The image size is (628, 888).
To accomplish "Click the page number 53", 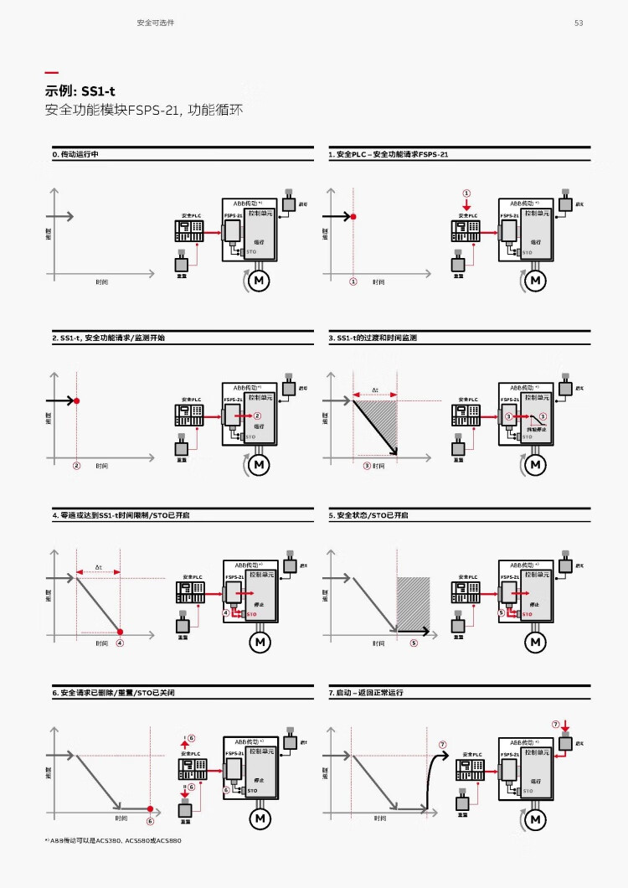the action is (x=578, y=23).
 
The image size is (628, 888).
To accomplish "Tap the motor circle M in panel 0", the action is (x=259, y=280).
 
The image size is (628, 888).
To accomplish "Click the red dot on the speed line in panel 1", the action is (x=353, y=217).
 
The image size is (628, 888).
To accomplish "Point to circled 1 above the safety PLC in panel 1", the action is (x=467, y=194).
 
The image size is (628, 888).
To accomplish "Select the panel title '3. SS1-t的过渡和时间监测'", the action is (x=373, y=338).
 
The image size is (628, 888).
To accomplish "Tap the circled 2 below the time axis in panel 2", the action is (x=76, y=465).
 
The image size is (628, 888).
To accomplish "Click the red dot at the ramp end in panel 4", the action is (x=120, y=632).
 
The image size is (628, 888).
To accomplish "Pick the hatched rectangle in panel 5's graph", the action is (x=413, y=602).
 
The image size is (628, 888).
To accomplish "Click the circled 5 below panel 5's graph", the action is (x=414, y=643).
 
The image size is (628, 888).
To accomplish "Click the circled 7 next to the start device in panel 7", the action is (x=556, y=724).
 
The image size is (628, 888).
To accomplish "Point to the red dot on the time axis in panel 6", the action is (x=150, y=808).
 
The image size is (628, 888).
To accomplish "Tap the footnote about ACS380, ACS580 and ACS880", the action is (x=113, y=840).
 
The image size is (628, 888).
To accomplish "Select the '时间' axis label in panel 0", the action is (x=101, y=281).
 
